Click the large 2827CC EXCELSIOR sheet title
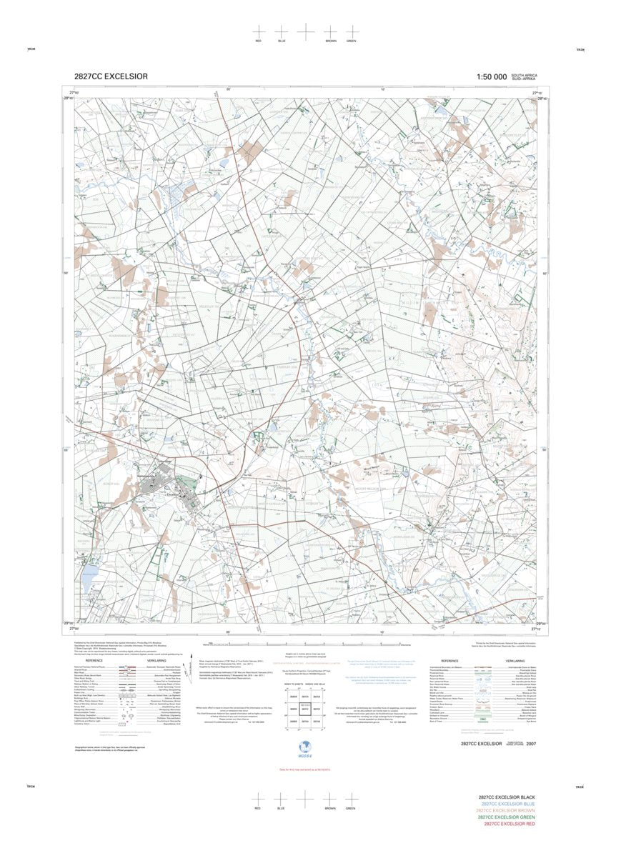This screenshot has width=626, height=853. pyautogui.click(x=111, y=76)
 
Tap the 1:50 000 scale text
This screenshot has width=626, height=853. pyautogui.click(x=491, y=76)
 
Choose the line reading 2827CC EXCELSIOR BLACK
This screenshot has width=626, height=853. pyautogui.click(x=507, y=797)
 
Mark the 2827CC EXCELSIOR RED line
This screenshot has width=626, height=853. pyautogui.click(x=509, y=824)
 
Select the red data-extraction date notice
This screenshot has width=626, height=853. pyautogui.click(x=305, y=769)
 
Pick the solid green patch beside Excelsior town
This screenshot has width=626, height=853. pyautogui.click(x=187, y=483)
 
